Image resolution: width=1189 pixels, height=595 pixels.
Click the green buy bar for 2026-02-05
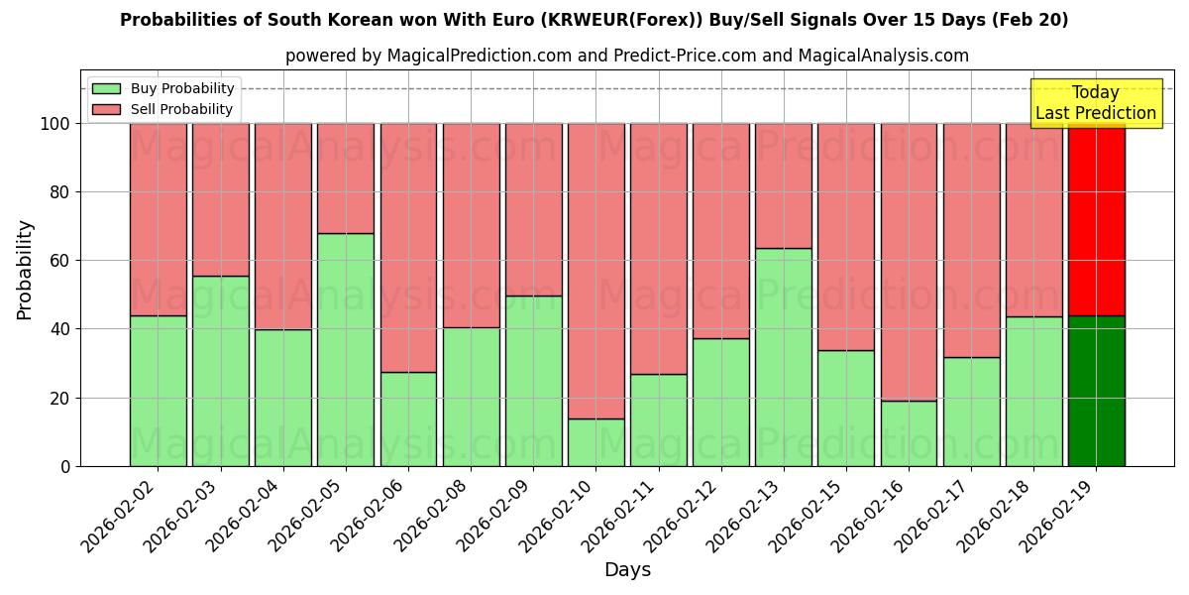[346, 349]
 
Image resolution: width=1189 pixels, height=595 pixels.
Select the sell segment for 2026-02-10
[596, 270]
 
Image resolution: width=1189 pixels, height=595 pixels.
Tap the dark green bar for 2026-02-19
[1096, 391]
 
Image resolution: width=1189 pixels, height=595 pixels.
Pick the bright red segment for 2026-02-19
[1096, 219]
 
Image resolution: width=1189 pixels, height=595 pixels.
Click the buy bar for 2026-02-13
[784, 357]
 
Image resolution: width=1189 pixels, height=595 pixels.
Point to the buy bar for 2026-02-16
[909, 433]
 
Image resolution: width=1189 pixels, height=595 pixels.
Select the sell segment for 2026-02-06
[408, 247]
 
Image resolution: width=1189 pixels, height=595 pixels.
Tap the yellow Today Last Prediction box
[1096, 103]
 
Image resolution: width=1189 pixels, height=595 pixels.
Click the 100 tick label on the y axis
[55, 124]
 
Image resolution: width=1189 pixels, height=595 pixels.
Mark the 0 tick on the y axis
[66, 466]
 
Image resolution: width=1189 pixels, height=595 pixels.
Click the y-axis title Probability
[25, 270]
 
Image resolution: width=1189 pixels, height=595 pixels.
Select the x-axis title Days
[627, 570]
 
